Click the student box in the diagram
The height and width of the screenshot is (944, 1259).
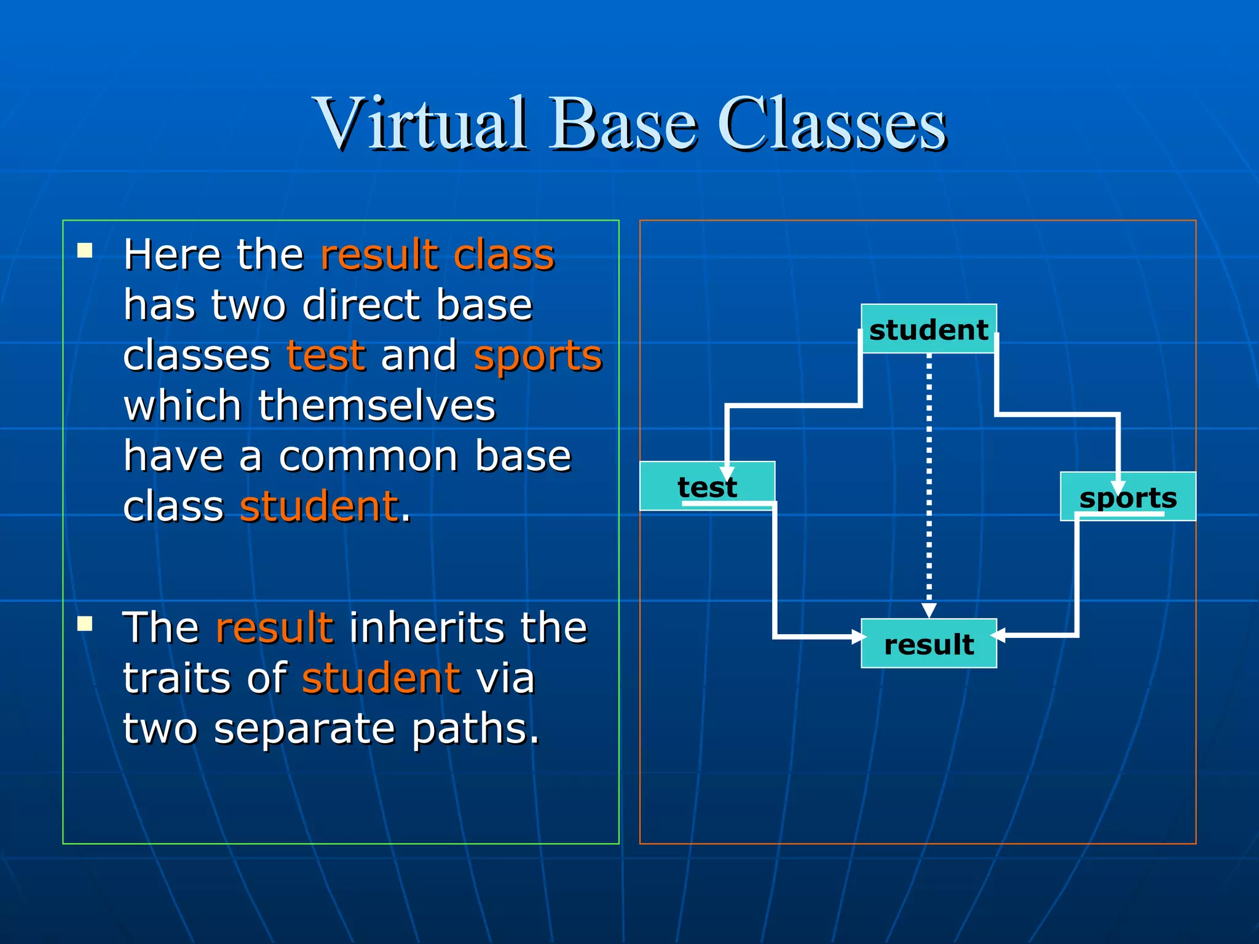click(928, 329)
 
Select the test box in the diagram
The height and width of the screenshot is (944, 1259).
click(707, 486)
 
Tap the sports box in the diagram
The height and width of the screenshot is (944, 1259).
click(1128, 497)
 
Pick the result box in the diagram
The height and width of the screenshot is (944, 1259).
click(928, 643)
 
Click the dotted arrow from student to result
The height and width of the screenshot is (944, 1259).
click(929, 479)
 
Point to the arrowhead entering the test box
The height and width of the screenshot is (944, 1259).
click(727, 473)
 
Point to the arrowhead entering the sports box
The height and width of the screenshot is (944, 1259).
click(1118, 487)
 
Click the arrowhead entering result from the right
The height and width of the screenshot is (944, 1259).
click(998, 635)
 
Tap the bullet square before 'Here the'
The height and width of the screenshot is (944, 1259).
click(85, 250)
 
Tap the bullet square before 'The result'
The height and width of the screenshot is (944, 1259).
click(85, 624)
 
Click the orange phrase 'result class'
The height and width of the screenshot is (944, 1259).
click(437, 254)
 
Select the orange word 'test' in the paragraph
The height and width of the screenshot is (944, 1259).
click(326, 355)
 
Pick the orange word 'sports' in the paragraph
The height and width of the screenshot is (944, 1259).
click(538, 355)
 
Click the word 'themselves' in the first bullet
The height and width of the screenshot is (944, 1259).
click(376, 406)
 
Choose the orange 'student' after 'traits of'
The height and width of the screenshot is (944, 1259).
click(381, 678)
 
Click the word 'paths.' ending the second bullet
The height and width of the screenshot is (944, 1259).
click(475, 728)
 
